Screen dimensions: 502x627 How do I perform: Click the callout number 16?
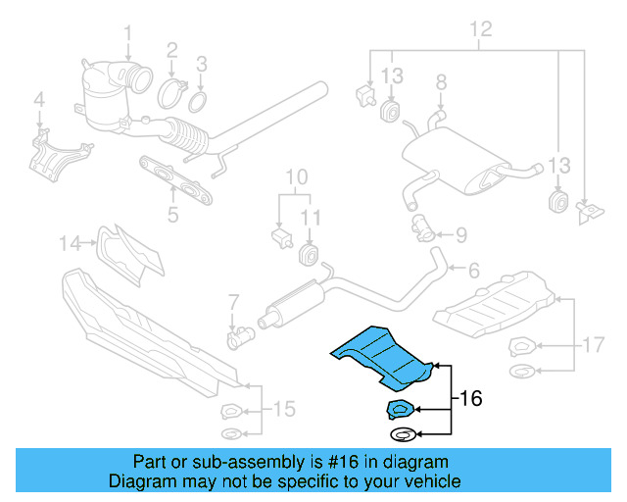(469, 399)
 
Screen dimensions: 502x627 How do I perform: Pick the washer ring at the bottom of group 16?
(402, 434)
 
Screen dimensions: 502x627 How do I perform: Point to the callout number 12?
(478, 28)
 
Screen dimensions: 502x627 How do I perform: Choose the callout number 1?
(127, 38)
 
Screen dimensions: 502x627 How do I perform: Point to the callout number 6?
(473, 270)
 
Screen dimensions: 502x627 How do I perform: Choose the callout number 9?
(461, 234)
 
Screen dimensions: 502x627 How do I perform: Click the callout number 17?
(591, 344)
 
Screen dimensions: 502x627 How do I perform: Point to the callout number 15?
(284, 408)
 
